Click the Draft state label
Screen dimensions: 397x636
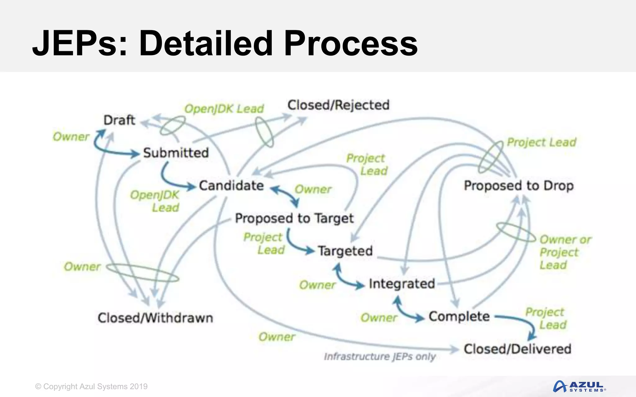point(119,120)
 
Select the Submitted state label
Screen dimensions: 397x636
point(176,153)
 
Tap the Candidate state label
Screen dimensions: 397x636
point(231,185)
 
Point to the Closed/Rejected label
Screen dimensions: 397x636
point(338,105)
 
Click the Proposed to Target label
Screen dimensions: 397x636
point(294,218)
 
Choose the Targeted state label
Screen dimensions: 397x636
point(345,251)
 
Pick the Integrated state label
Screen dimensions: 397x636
point(402,283)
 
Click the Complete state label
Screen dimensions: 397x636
point(459,316)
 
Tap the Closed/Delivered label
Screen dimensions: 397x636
point(517,349)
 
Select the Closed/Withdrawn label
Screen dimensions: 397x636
point(155,318)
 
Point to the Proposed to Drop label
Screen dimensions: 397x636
point(519,185)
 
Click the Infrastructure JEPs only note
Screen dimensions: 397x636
point(380,357)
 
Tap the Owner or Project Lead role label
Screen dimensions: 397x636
point(565,252)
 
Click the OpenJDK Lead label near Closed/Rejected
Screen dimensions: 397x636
point(224,109)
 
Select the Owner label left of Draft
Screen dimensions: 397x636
point(71,137)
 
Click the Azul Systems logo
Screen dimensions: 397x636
point(579,386)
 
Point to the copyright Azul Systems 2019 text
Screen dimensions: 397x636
point(91,386)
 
